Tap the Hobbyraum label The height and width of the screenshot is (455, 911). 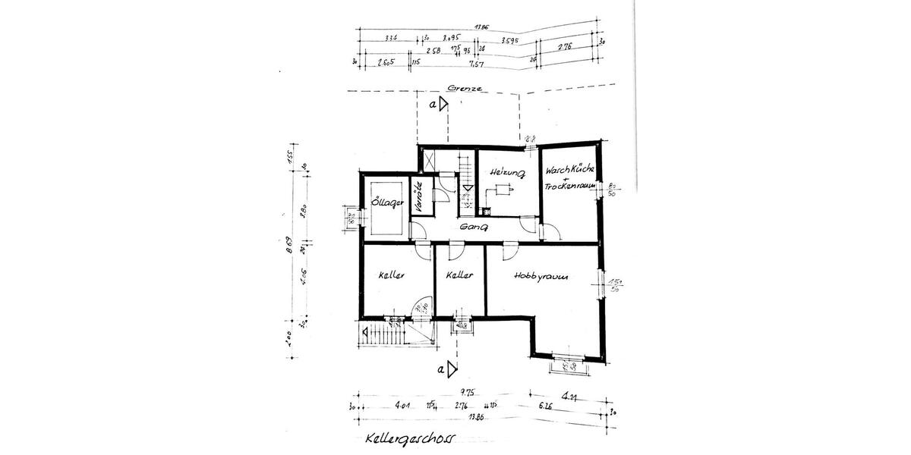(541, 277)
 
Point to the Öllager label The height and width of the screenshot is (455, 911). (385, 203)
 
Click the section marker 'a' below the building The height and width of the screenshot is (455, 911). (441, 369)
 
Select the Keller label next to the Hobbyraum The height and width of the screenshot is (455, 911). (460, 275)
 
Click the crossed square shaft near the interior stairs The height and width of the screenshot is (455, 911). (427, 160)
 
